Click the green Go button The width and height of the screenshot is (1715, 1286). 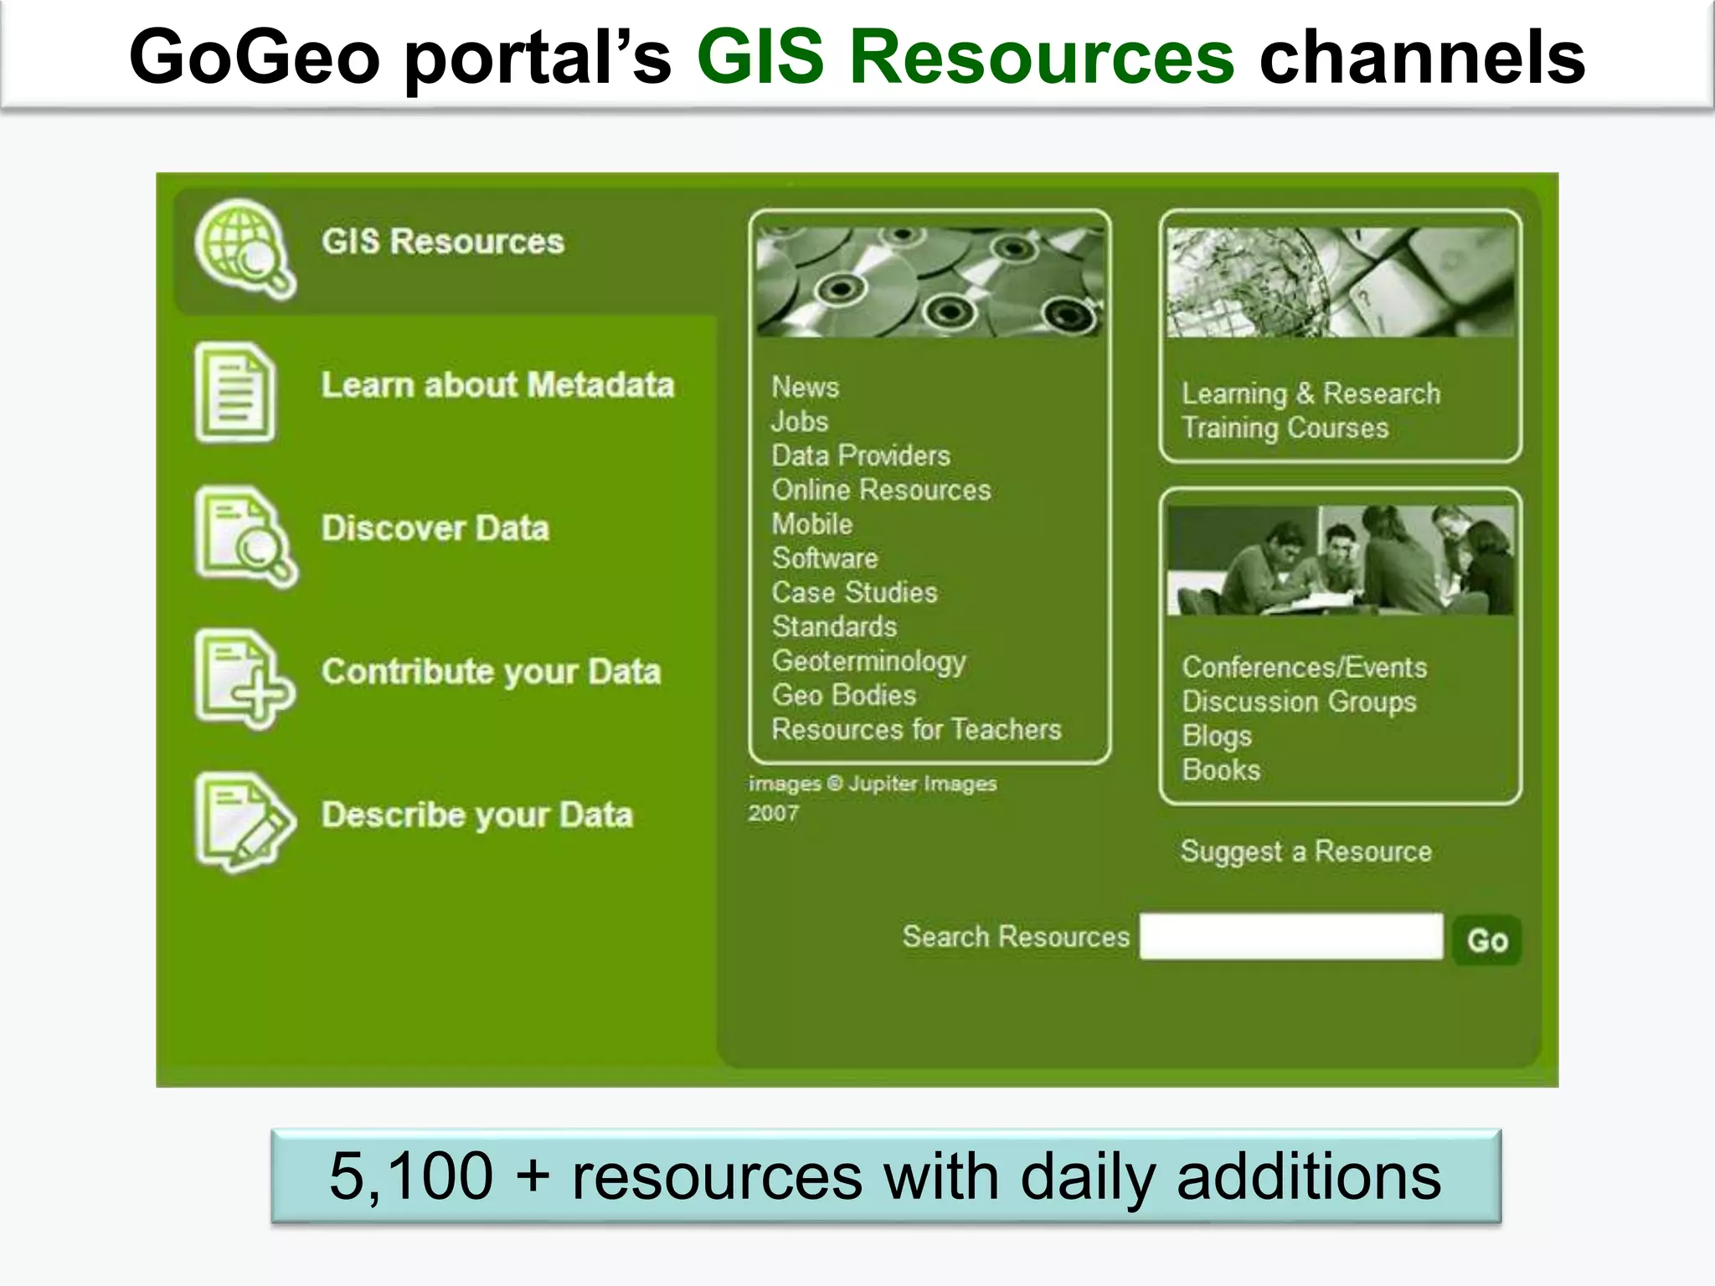click(1487, 940)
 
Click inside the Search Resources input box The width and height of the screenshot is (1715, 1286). click(1290, 937)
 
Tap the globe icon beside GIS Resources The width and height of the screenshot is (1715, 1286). click(244, 247)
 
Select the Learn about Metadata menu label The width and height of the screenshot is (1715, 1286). click(497, 385)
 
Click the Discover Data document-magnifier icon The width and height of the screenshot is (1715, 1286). click(245, 536)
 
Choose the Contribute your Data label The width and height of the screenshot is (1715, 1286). click(492, 671)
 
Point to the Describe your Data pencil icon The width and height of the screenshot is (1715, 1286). click(244, 820)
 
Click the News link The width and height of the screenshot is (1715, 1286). click(805, 388)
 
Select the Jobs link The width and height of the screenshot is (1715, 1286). click(800, 422)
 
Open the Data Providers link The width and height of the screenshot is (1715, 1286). click(861, 456)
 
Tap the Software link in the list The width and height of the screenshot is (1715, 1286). click(825, 558)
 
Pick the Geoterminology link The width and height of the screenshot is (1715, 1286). click(868, 661)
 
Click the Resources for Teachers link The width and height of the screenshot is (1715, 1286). click(916, 730)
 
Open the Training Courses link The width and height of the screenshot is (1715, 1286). click(1285, 429)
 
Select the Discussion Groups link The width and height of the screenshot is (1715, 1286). click(1299, 702)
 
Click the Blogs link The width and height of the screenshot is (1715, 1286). click(1217, 736)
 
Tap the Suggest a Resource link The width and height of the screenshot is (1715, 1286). click(1306, 851)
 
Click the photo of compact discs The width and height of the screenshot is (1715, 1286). click(930, 281)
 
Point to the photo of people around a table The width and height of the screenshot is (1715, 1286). click(1340, 559)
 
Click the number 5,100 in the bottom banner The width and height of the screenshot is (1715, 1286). click(411, 1176)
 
